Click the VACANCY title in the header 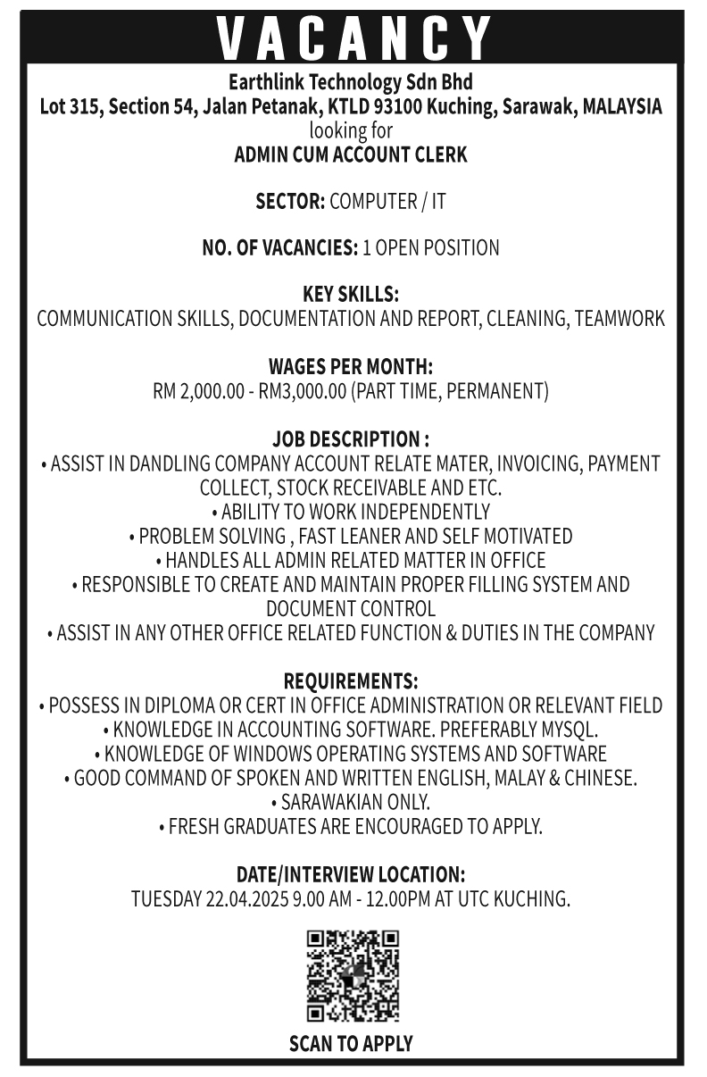coord(353,38)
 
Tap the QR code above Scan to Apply coord(353,975)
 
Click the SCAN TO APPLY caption coord(351,1043)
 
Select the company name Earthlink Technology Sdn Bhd coord(351,83)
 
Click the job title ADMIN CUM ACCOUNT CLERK coord(351,154)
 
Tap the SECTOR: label coord(290,202)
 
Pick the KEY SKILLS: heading coord(351,295)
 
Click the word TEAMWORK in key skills coord(620,319)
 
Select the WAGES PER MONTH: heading coord(351,367)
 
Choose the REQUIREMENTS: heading coord(351,681)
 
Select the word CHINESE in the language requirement coord(600,778)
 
